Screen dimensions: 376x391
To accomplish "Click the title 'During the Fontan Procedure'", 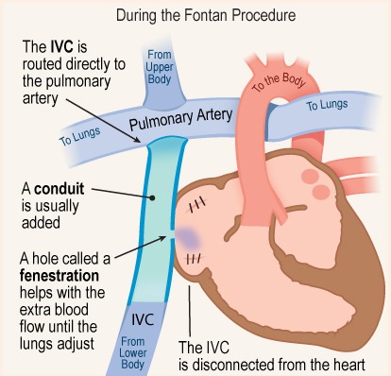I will pos(195,15).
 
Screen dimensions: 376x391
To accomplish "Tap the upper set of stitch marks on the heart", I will pos(198,203).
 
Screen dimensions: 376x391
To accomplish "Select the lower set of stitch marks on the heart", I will pos(193,257).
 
